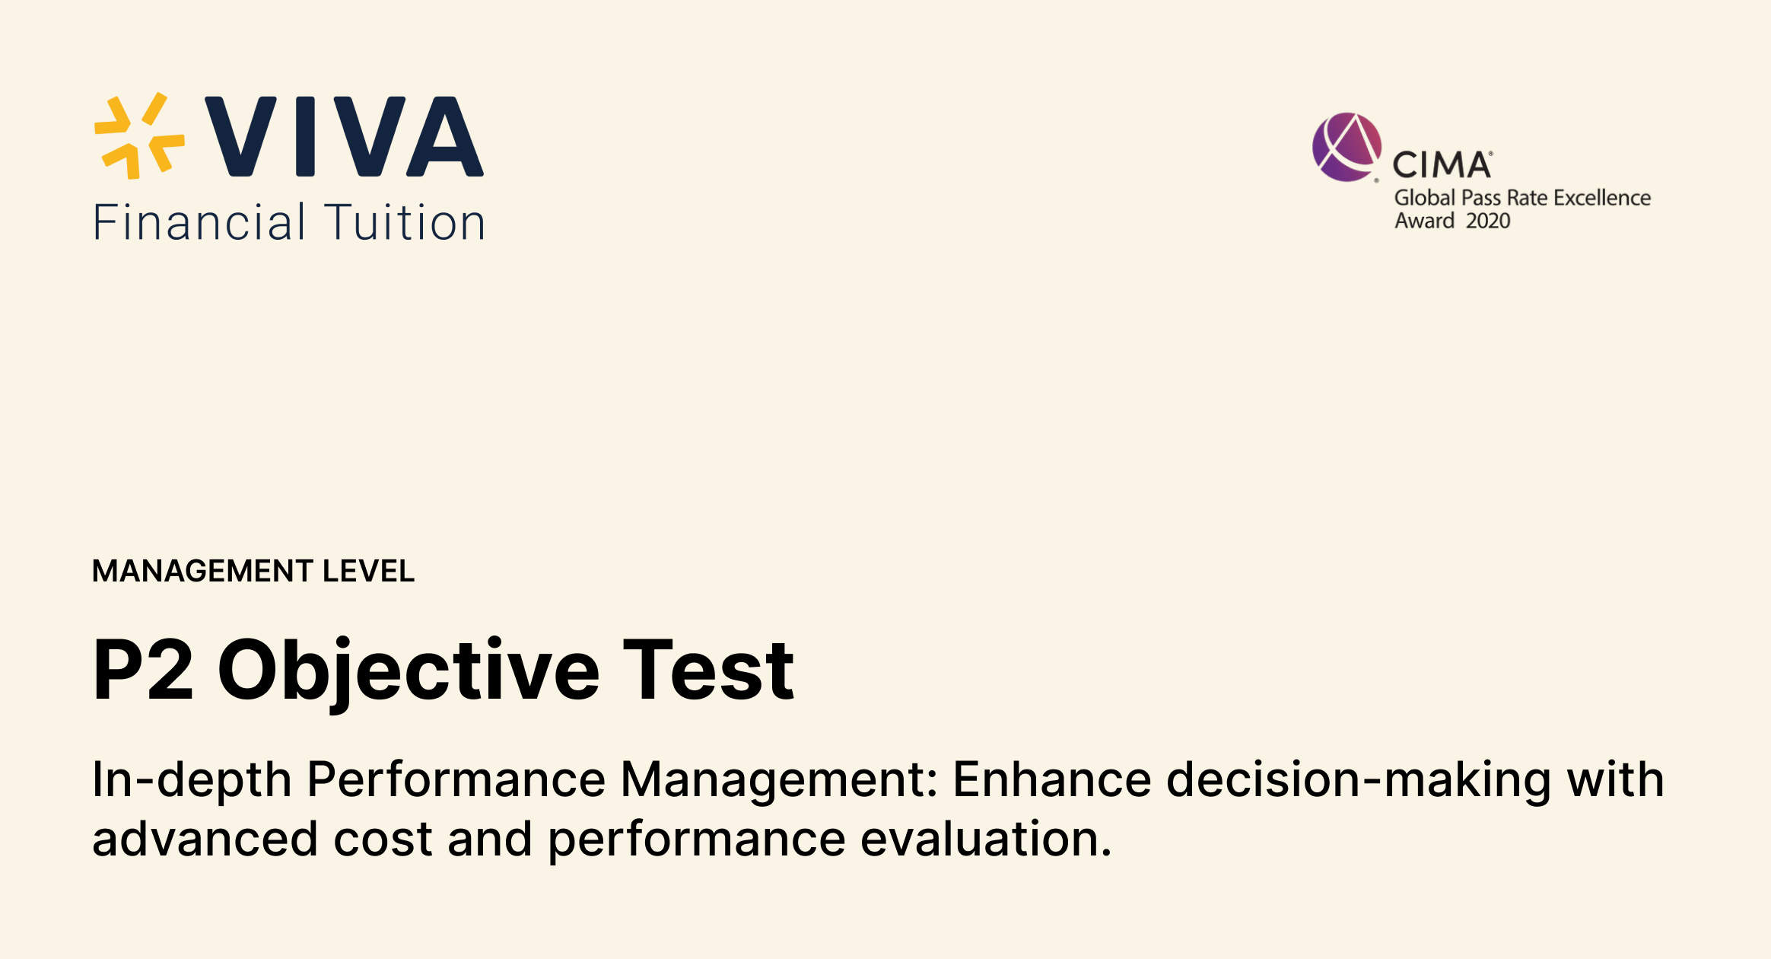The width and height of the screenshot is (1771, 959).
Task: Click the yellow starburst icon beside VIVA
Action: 139,136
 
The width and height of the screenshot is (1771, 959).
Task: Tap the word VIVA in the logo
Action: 344,137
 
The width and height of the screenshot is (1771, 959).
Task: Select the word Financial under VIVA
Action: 199,223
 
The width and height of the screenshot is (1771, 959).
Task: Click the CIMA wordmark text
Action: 1442,165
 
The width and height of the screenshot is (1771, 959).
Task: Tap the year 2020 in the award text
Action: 1488,221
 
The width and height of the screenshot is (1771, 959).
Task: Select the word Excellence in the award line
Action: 1602,198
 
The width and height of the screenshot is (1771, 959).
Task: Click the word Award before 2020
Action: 1424,221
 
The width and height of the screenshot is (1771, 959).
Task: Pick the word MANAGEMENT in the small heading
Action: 202,571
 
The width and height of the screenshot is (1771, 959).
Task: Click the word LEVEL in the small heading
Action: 369,571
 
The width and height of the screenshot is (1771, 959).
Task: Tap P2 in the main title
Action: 143,670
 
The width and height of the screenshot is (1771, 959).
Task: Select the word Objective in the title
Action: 409,670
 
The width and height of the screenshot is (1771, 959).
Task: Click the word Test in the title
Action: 709,670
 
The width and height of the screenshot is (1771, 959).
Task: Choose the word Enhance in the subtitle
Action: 1052,779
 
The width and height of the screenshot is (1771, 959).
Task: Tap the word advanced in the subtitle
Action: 205,839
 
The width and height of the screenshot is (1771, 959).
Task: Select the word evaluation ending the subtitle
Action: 986,839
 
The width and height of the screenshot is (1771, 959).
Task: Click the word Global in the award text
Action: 1424,198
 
